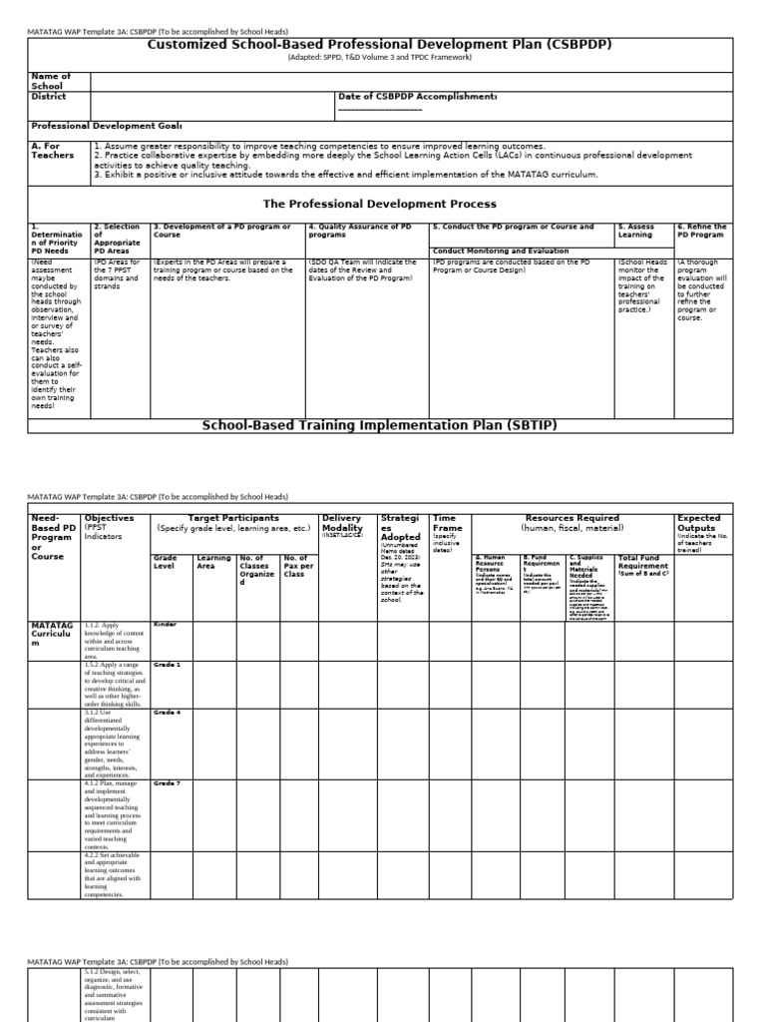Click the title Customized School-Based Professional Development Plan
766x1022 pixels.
380,45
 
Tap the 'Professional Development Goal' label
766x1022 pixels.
107,127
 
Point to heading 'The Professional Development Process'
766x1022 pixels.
380,203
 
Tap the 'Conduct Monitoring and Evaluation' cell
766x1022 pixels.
500,251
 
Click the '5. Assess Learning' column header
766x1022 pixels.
636,232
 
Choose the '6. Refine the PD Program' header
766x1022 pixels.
702,232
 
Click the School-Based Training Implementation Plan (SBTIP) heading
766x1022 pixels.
380,425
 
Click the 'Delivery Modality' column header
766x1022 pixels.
342,524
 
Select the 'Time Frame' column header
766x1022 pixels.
445,524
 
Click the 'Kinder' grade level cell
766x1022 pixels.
165,624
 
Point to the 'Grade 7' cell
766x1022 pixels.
167,783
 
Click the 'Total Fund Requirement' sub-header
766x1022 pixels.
643,562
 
